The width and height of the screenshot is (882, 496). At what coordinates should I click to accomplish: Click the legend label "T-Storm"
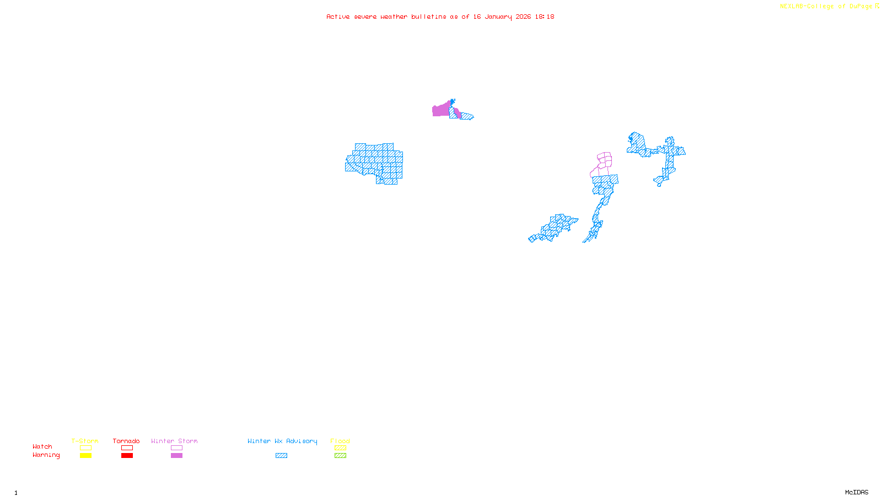[x=85, y=441]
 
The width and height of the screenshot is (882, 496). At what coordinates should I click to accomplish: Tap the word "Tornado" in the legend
[x=126, y=441]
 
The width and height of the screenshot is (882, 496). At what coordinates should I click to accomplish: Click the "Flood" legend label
[x=340, y=441]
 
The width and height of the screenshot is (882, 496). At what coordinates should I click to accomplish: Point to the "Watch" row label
[x=42, y=447]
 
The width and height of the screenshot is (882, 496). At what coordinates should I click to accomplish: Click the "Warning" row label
[x=46, y=455]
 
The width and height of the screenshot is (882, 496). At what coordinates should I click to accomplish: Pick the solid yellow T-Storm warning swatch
[x=85, y=456]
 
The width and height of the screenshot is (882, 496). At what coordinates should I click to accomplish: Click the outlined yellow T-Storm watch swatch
[x=85, y=448]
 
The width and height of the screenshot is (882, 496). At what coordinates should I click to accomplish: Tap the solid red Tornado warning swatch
[x=127, y=456]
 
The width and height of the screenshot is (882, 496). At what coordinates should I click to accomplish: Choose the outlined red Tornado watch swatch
[x=127, y=448]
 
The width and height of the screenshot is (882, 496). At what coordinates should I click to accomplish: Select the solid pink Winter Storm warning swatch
[x=176, y=456]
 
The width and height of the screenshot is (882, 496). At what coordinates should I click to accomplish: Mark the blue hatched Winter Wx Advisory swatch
[x=281, y=456]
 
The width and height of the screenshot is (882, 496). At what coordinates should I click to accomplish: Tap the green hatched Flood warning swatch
[x=340, y=456]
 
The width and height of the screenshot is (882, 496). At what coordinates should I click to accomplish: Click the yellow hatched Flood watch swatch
[x=340, y=448]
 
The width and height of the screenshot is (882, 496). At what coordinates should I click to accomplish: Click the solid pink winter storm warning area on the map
[x=440, y=110]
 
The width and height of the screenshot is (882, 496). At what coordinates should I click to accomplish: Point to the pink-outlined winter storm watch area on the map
[x=605, y=160]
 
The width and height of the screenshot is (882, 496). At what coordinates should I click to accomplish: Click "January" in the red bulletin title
[x=498, y=17]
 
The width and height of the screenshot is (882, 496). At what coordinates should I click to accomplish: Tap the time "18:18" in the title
[x=545, y=17]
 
